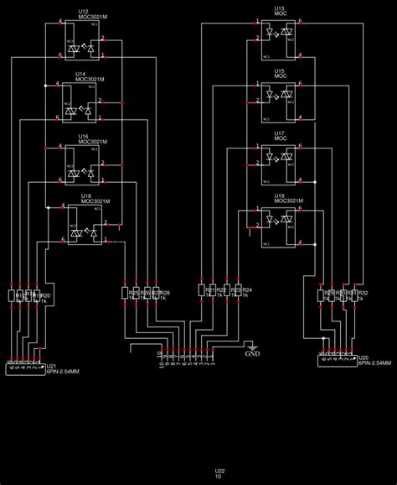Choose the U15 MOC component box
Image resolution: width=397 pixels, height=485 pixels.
[x=277, y=101]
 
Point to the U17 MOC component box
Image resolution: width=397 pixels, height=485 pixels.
[x=277, y=164]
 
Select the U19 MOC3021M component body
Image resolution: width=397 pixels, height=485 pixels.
[x=277, y=226]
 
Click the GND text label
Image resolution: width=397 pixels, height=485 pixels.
[x=252, y=354]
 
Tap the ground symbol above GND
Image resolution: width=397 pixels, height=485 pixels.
[x=252, y=345]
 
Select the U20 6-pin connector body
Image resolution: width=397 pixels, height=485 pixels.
[x=337, y=361]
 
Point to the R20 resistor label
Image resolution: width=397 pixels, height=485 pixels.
[x=46, y=295]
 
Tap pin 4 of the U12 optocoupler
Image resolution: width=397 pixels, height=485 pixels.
[x=59, y=23]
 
